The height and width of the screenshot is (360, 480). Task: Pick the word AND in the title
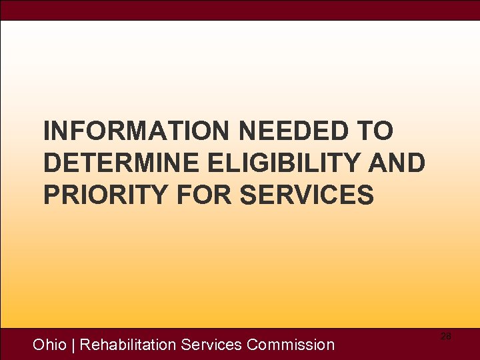(398, 163)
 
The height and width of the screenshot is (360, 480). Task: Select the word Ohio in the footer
(49, 345)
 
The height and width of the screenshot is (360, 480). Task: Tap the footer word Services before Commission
(211, 345)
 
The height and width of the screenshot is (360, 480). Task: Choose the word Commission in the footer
(291, 345)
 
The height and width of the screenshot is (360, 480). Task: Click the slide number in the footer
(445, 337)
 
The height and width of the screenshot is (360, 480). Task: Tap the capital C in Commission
(253, 345)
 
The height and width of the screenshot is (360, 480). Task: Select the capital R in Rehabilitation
(85, 345)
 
